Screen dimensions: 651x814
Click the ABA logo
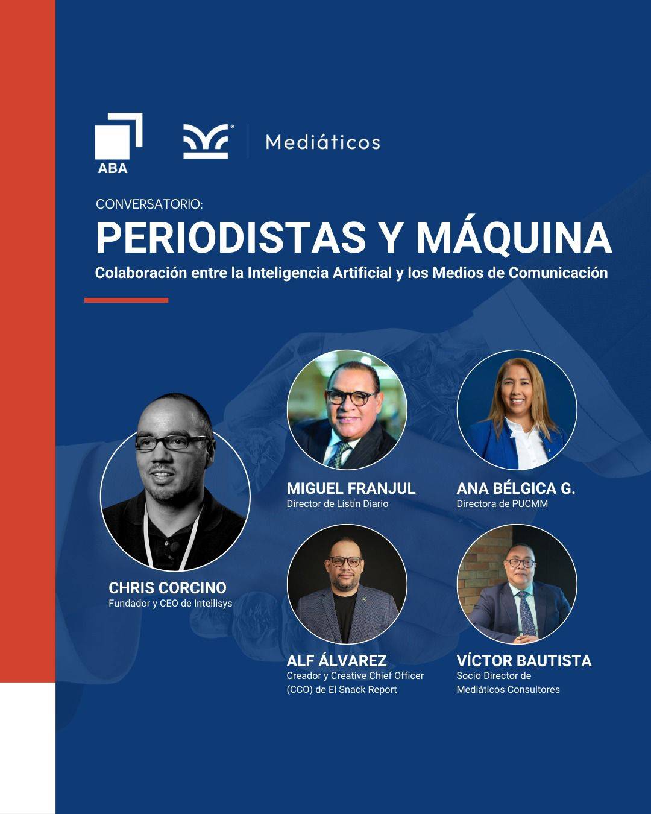coord(118,143)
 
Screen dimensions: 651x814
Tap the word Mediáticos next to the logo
coord(322,142)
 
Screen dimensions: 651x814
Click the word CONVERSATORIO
coord(149,204)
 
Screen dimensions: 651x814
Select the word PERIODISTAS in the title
coord(231,238)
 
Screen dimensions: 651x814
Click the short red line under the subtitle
coord(127,300)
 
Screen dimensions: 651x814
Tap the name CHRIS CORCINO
coord(168,588)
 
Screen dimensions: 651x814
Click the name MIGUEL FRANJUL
coord(351,488)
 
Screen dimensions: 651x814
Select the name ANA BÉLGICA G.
coord(516,488)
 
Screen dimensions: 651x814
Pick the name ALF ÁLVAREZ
coord(337,660)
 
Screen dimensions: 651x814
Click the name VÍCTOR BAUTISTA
coord(524,660)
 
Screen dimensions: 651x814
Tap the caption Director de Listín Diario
coord(338,504)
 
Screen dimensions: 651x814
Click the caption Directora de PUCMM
coord(502,504)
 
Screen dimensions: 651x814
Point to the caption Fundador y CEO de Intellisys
coord(170,604)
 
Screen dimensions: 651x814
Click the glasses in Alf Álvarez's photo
coord(345,562)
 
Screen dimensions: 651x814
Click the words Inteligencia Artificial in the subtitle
coord(319,273)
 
